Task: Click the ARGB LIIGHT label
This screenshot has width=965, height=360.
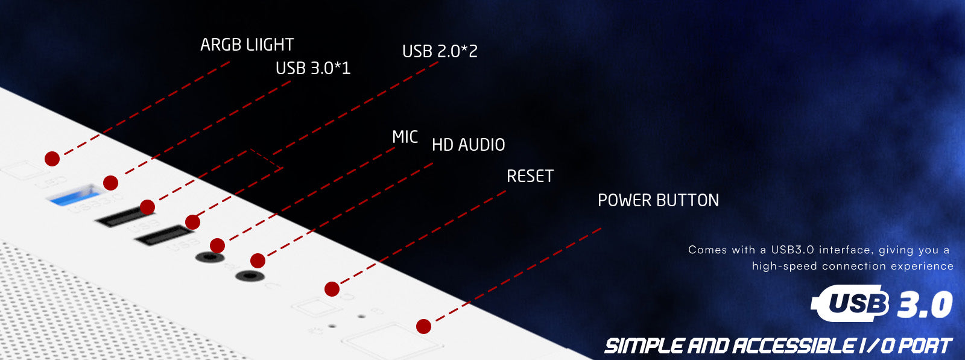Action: tap(247, 45)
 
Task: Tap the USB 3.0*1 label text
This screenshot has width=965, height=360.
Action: tap(312, 68)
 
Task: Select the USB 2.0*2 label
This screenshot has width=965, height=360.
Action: tap(440, 51)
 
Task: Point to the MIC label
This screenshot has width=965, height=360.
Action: tap(405, 137)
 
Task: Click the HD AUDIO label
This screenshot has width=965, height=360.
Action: tap(468, 145)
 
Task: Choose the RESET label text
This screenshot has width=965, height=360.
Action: tap(530, 176)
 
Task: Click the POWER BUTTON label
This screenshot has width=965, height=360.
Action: tap(658, 200)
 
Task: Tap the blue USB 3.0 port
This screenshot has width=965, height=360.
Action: tap(74, 195)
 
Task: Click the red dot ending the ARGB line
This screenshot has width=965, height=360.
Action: tap(52, 159)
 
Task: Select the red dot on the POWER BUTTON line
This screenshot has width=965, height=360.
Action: tap(423, 327)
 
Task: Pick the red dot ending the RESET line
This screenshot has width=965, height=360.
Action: tap(332, 289)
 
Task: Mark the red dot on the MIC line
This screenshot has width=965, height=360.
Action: tap(218, 245)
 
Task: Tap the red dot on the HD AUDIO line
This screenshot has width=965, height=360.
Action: tap(258, 261)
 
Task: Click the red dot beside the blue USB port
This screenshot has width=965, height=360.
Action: tap(110, 182)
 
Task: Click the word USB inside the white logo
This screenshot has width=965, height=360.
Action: tap(858, 303)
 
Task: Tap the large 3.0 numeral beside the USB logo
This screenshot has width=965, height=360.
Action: tap(925, 305)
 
